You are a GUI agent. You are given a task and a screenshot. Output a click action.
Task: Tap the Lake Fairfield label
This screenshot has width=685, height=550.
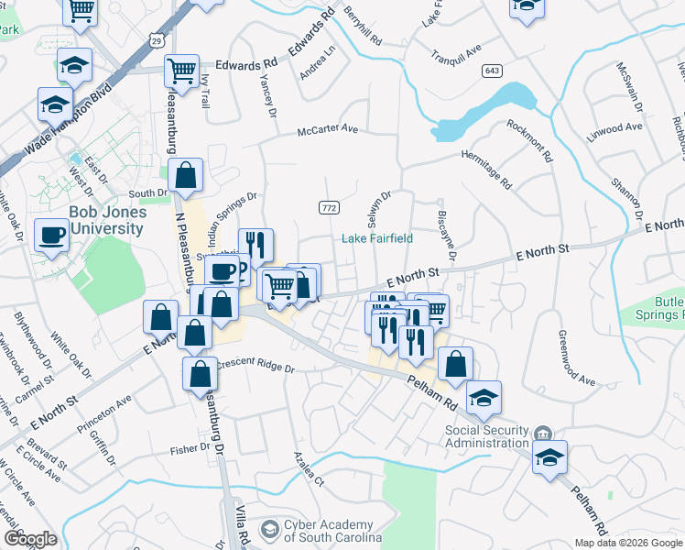(377, 238)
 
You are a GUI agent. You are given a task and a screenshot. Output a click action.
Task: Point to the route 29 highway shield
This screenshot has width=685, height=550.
(158, 40)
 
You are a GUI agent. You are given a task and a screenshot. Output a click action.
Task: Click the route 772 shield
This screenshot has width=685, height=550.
(330, 208)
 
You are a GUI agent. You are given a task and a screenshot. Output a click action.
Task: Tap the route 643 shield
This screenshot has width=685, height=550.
(493, 71)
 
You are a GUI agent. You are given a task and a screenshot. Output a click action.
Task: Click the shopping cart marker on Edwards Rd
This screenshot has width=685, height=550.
(181, 69)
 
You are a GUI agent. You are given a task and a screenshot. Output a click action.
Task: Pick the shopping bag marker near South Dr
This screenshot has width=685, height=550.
(185, 176)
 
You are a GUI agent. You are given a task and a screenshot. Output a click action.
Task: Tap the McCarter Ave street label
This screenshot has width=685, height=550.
(327, 130)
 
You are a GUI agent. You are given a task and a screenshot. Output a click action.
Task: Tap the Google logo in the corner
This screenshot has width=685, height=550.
(29, 539)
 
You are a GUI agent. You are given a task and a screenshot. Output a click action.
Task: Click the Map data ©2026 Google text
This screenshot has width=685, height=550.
(628, 543)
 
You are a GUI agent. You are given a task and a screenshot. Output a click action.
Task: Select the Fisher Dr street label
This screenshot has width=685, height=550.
(190, 450)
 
